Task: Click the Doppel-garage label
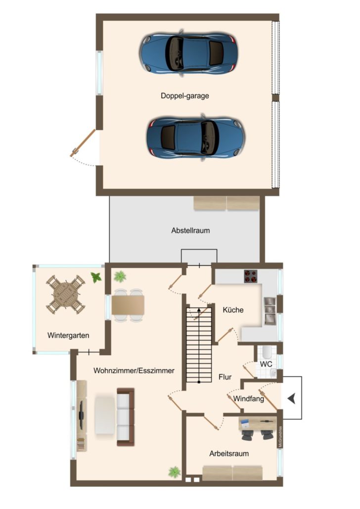tap(184, 96)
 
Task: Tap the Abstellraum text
tap(190, 230)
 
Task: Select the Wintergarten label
tap(68, 336)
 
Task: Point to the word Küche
tap(233, 310)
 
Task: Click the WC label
tap(266, 364)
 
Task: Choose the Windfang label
tap(249, 399)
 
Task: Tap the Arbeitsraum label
tap(229, 454)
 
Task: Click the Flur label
tap(225, 377)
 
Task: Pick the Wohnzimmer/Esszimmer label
tap(134, 371)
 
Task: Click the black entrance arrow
tap(291, 398)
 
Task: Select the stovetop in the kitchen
tap(251, 276)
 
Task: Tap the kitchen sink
tap(270, 311)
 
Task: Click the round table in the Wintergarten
tap(66, 295)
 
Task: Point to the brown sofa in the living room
tap(126, 417)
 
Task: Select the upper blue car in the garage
tap(189, 52)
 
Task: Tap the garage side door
tap(83, 143)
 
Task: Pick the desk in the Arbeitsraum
tap(258, 424)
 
